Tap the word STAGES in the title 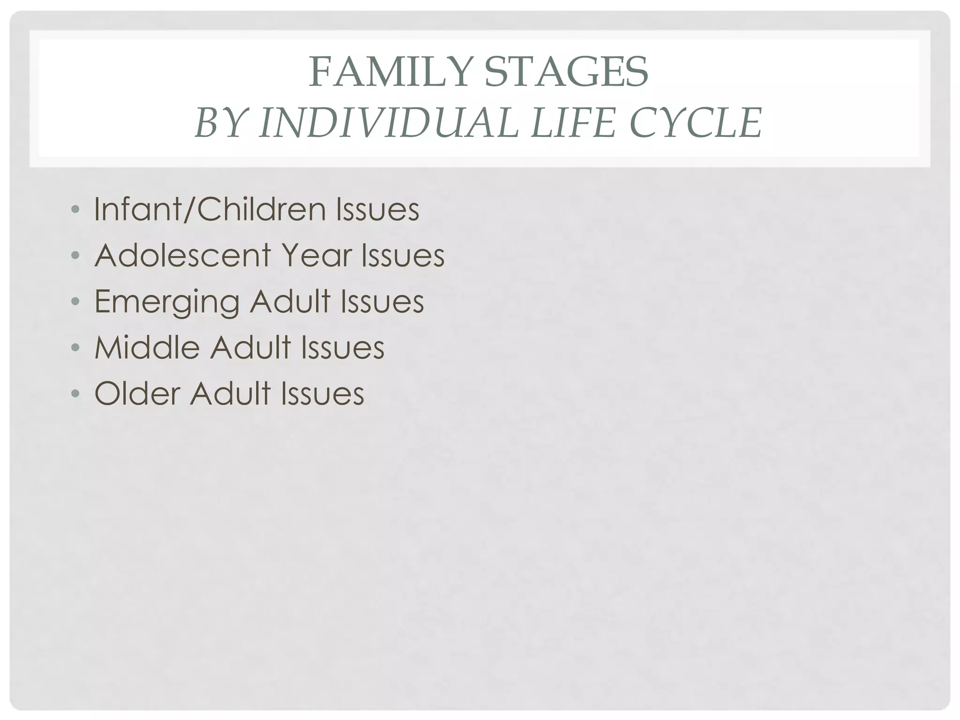click(566, 73)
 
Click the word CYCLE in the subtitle click(696, 123)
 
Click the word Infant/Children click(210, 209)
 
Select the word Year click(317, 255)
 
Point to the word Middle click(147, 347)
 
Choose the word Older click(137, 393)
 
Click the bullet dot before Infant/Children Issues click(75, 210)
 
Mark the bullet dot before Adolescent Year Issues click(75, 256)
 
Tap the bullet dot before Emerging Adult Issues click(75, 302)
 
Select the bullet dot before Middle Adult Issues click(75, 348)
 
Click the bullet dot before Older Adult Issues click(75, 394)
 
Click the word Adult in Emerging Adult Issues click(290, 301)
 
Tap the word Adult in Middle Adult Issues click(251, 347)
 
